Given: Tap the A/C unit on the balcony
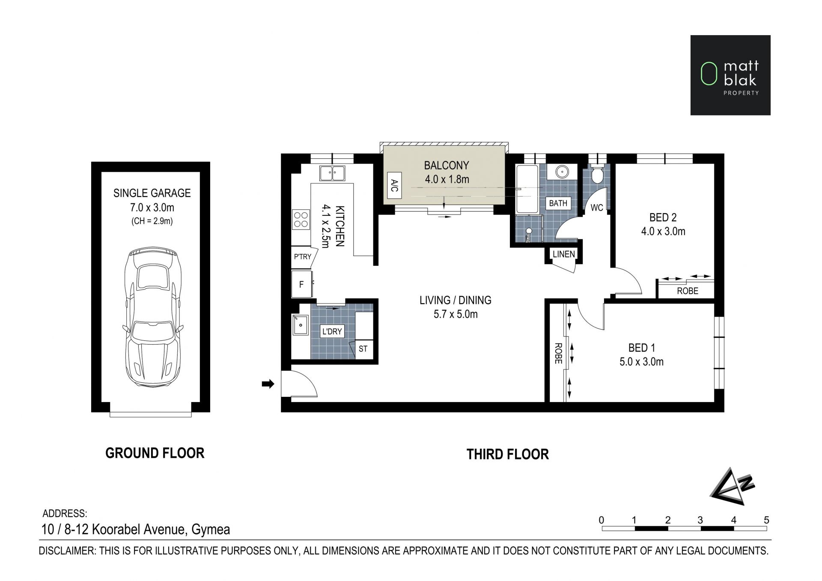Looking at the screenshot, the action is (x=394, y=185).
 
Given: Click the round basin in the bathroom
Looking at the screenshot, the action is (x=562, y=172).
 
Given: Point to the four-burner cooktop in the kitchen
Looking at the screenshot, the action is (x=301, y=219).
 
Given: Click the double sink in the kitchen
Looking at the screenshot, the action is (x=332, y=173).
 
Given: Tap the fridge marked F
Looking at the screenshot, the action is (x=301, y=284).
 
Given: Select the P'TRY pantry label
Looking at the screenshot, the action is (x=302, y=257).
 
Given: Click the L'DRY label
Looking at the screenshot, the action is (x=332, y=331).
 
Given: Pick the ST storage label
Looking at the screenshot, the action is (x=363, y=349).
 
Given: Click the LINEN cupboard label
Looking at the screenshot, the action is (x=563, y=254).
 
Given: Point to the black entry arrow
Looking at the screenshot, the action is (x=268, y=384).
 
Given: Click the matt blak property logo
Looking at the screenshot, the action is (x=730, y=75).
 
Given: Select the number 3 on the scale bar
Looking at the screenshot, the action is (x=700, y=520).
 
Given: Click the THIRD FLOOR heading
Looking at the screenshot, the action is (x=507, y=454).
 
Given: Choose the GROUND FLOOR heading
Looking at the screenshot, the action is (x=155, y=453).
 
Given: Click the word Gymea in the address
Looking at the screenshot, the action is (x=211, y=530).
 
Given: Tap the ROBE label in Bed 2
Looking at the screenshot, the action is (x=688, y=291).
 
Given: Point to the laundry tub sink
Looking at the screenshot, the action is (x=301, y=325).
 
